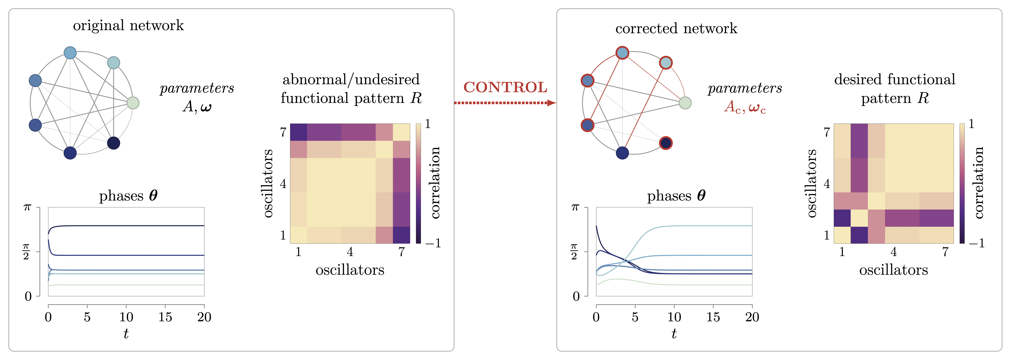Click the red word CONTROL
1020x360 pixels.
[505, 87]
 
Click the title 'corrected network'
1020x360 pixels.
[676, 29]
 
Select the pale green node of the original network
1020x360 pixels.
[133, 103]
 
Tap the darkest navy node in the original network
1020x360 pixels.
[114, 143]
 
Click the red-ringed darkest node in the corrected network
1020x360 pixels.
[666, 143]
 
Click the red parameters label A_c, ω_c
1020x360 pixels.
[745, 107]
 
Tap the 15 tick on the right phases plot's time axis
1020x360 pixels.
[713, 317]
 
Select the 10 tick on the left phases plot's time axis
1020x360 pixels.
[126, 317]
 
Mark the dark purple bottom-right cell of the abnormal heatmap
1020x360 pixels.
[401, 235]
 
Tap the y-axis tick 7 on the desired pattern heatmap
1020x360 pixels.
[827, 132]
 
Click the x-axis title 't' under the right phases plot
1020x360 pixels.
[674, 334]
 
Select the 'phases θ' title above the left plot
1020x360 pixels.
[128, 196]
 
